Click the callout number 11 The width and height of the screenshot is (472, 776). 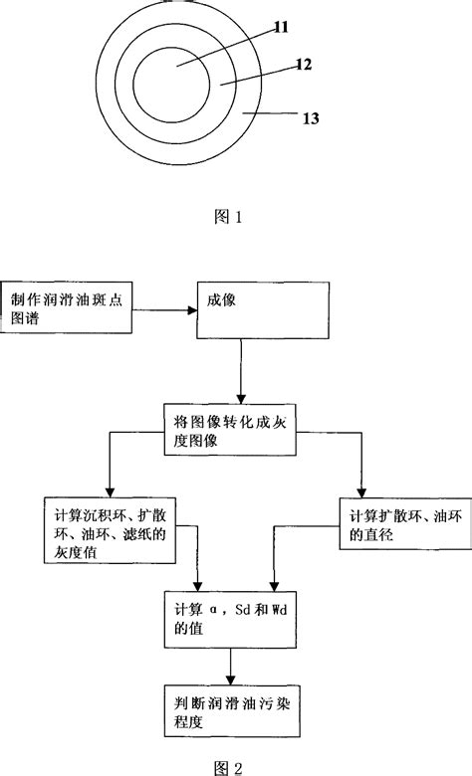(x=281, y=28)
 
